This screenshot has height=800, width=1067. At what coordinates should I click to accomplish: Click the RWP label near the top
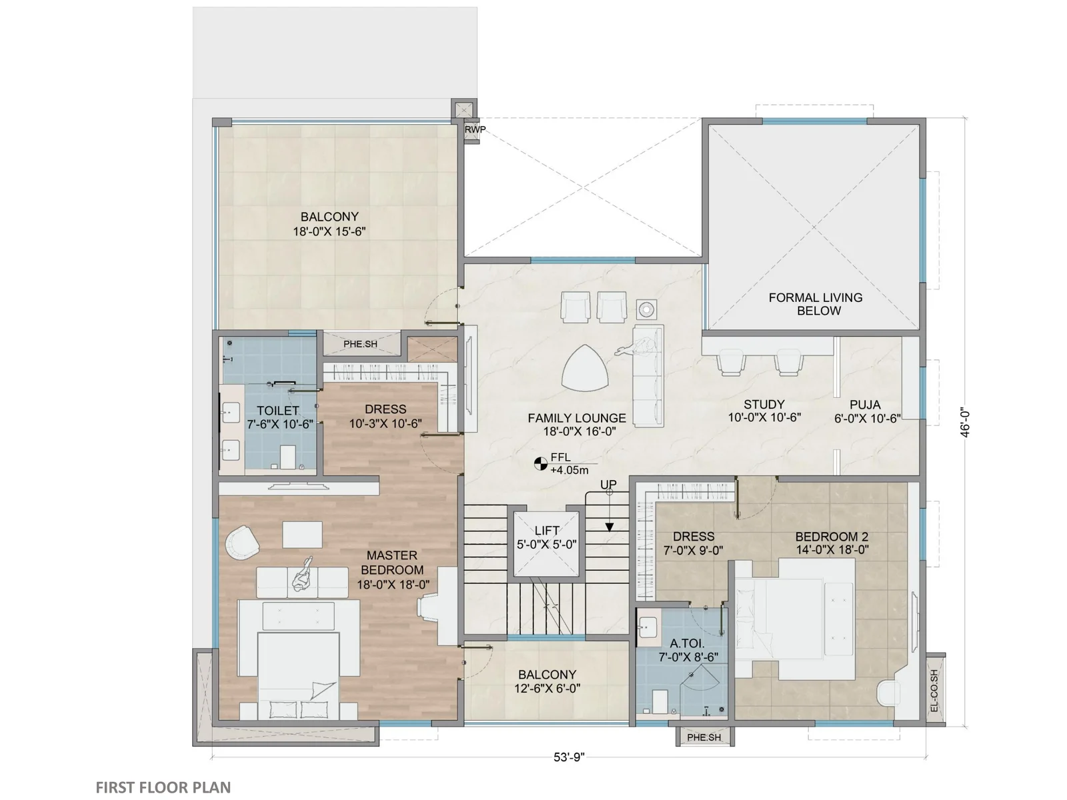(475, 130)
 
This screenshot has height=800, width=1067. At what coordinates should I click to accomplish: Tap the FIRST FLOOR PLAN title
(163, 787)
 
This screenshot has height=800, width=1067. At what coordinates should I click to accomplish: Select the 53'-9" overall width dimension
(569, 757)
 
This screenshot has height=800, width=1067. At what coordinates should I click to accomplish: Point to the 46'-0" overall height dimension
(965, 423)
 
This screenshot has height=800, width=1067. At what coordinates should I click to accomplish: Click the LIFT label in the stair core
(547, 531)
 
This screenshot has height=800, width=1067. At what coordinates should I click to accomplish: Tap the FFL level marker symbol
(541, 464)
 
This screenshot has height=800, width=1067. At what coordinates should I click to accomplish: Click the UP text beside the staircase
(608, 484)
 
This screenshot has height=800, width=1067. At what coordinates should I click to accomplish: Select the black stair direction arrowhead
(609, 527)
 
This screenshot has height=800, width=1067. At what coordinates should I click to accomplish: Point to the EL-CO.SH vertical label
(934, 691)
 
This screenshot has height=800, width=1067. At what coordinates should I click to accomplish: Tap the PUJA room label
(865, 405)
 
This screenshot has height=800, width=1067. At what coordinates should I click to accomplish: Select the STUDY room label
(764, 404)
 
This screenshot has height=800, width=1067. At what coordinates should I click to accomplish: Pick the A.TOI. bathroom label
(687, 643)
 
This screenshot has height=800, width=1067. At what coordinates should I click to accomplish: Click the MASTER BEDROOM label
(392, 563)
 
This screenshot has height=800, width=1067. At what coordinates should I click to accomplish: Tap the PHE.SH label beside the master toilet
(360, 344)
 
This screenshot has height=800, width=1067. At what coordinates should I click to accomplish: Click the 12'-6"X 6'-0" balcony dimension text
(548, 688)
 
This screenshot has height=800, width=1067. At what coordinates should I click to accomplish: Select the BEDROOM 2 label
(832, 536)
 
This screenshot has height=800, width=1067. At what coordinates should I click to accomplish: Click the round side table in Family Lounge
(646, 309)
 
